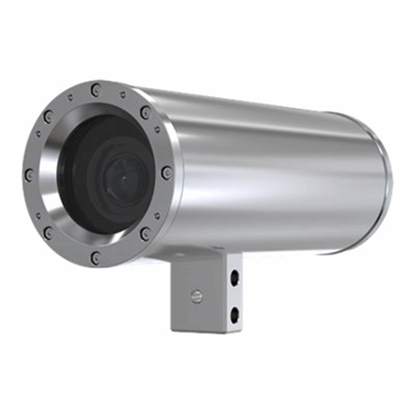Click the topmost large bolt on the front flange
click(95, 89)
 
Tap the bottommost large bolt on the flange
click(95, 257)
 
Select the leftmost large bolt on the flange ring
click(28, 175)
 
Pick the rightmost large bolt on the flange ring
click(166, 172)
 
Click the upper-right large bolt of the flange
click(145, 113)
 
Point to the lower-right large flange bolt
click(145, 234)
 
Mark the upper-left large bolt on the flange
click(48, 116)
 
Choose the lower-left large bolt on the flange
click(48, 233)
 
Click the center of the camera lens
click(115, 178)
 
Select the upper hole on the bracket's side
click(234, 275)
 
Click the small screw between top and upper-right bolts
click(122, 95)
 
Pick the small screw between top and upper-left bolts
click(68, 96)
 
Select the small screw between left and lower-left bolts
click(35, 205)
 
